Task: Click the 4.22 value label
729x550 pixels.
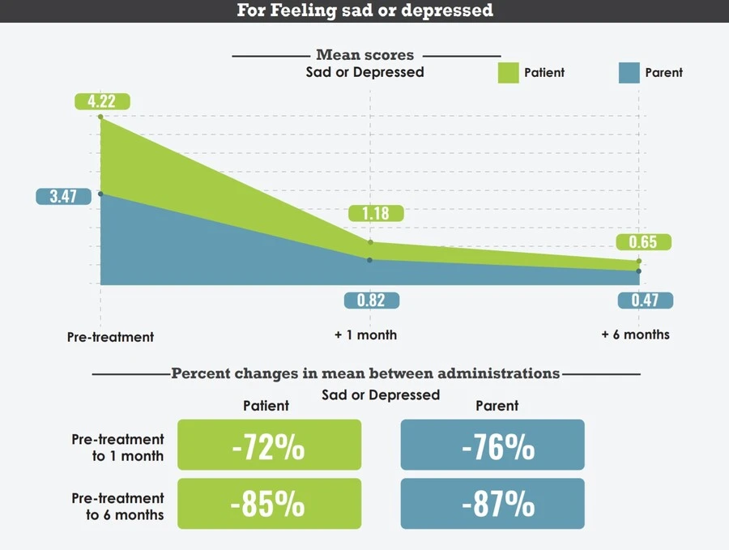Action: [102, 102]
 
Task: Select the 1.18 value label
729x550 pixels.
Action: [376, 214]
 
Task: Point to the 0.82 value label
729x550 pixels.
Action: [371, 301]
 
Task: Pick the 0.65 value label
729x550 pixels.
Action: [643, 242]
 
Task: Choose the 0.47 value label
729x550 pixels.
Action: [645, 301]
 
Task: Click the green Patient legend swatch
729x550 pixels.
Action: [506, 72]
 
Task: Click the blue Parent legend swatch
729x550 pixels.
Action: [629, 72]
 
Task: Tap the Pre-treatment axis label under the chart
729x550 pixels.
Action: [110, 337]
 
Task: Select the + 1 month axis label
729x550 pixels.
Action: [365, 335]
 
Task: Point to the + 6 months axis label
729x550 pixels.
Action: [635, 334]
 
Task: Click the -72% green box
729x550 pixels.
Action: [269, 445]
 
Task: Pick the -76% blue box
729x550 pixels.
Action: [492, 445]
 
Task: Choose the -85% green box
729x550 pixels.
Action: [269, 504]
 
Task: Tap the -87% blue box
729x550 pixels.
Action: [492, 504]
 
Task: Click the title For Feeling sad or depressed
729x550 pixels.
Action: [364, 11]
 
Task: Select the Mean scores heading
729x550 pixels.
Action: [364, 55]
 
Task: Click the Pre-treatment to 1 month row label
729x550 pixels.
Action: [117, 447]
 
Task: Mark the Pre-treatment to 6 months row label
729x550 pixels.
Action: [117, 506]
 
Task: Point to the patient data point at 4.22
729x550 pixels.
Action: [100, 117]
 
